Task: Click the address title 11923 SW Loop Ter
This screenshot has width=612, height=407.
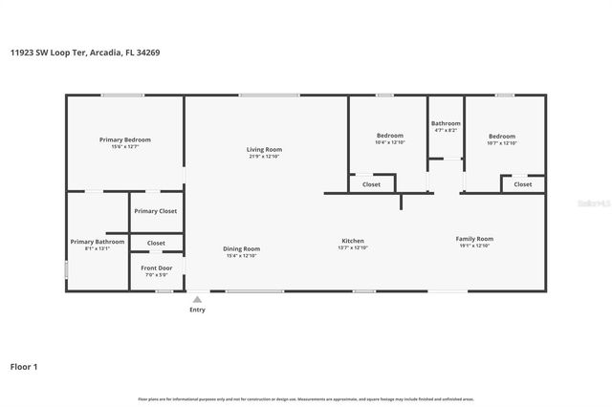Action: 85,53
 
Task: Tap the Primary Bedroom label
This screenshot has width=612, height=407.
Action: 124,139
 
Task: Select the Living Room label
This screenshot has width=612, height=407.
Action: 265,149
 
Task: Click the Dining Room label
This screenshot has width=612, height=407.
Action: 242,248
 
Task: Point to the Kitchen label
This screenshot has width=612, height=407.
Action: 353,241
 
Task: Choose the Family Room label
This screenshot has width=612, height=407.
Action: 474,239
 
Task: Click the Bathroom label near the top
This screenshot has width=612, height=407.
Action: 446,123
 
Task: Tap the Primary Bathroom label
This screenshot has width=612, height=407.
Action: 97,242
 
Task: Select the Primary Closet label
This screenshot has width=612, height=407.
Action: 155,211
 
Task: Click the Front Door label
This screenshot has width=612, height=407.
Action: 157,268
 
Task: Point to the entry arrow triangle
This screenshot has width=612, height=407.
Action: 198,299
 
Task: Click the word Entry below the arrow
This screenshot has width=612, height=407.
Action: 197,310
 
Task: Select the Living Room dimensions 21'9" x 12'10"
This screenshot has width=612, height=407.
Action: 265,157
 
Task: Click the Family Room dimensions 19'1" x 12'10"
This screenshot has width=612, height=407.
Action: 474,246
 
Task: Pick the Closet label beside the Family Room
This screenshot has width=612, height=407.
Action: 523,184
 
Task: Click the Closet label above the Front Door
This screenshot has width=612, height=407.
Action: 156,243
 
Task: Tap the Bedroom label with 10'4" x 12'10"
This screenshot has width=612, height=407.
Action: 389,136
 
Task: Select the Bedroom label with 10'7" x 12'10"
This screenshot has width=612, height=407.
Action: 502,136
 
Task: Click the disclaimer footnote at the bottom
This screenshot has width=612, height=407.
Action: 306,398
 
